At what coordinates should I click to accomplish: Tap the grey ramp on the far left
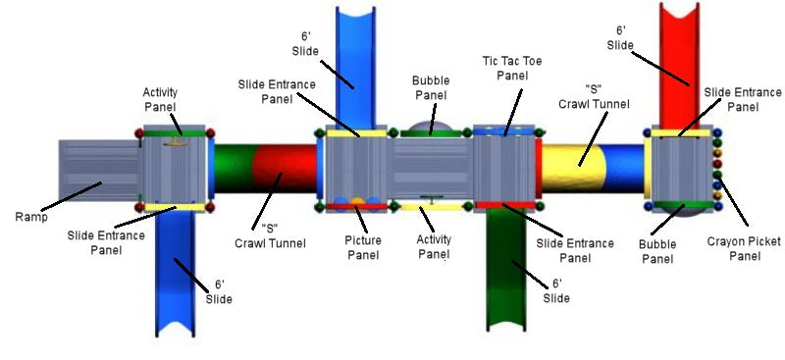98,176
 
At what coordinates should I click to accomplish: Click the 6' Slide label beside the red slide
619,38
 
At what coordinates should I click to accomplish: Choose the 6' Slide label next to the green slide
556,291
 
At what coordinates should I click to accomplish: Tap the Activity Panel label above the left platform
161,99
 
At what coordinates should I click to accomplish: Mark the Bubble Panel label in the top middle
429,88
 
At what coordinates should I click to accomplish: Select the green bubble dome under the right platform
683,210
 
